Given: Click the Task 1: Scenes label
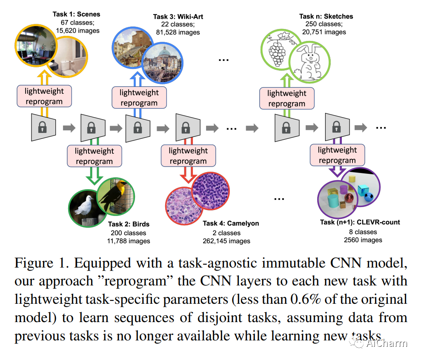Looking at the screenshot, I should click(76, 14).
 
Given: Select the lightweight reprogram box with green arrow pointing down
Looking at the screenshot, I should click(94, 156).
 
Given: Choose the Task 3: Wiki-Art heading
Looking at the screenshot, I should click(178, 17).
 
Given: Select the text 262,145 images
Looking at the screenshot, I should click(226, 241).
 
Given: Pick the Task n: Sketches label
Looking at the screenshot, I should click(326, 17).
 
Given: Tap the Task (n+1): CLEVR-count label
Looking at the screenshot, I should click(360, 222).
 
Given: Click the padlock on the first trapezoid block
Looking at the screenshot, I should click(42, 127).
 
